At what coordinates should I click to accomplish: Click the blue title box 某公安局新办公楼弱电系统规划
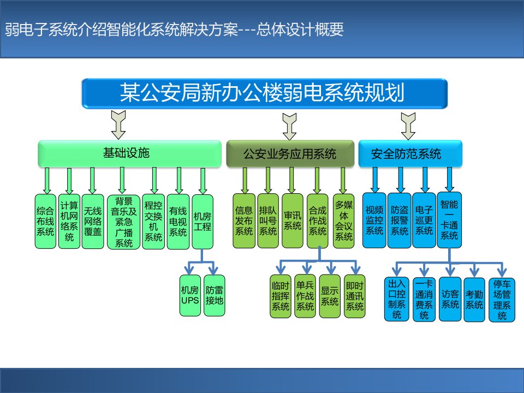pyautogui.click(x=264, y=93)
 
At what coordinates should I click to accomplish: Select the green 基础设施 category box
pyautogui.click(x=130, y=154)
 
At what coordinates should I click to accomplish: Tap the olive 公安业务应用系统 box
pyautogui.click(x=290, y=154)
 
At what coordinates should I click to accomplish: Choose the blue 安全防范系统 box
pyautogui.click(x=410, y=154)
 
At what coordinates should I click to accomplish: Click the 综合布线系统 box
pyautogui.click(x=45, y=221)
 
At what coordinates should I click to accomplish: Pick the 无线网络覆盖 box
pyautogui.click(x=93, y=221)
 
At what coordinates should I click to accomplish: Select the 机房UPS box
pyautogui.click(x=190, y=295)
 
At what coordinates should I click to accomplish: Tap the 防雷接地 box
pyautogui.click(x=214, y=295)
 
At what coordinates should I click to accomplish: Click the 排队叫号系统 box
pyautogui.click(x=268, y=221)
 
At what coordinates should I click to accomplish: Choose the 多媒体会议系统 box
pyautogui.click(x=343, y=221)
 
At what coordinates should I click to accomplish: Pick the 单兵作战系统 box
pyautogui.click(x=305, y=296)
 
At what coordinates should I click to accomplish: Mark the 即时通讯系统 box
pyautogui.click(x=355, y=296)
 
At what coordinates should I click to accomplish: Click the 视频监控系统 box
pyautogui.click(x=374, y=220)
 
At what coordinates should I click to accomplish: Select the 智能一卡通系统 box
pyautogui.click(x=449, y=220)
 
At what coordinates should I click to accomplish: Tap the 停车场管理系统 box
pyautogui.click(x=502, y=300)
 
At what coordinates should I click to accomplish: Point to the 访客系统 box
pyautogui.click(x=450, y=299)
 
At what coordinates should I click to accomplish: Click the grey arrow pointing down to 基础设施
pyautogui.click(x=118, y=125)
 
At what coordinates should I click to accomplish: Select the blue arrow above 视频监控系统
pyautogui.click(x=375, y=180)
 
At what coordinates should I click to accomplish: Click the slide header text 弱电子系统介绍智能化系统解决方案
pyautogui.click(x=121, y=29)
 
